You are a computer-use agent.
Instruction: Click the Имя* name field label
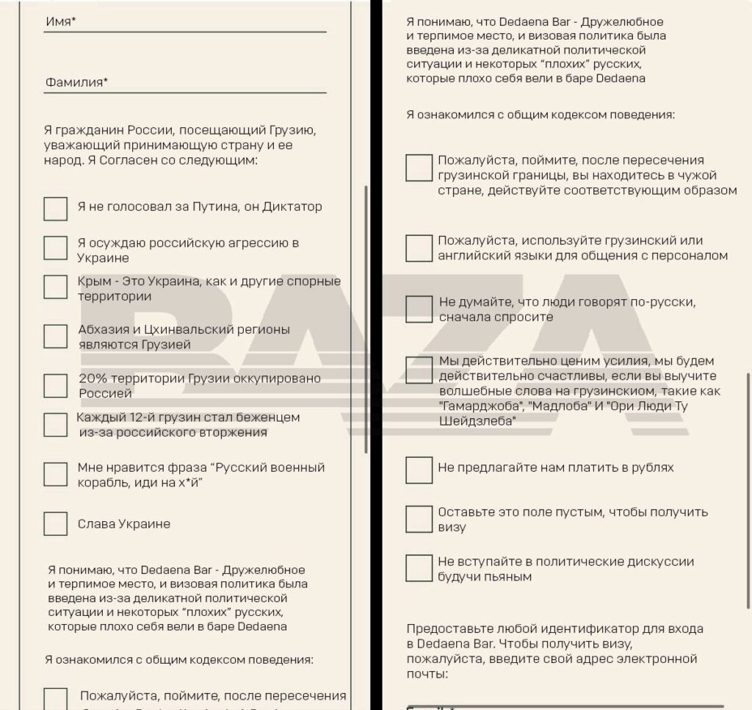(61, 21)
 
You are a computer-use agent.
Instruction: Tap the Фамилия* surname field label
(76, 82)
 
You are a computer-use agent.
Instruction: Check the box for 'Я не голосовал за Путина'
(55, 208)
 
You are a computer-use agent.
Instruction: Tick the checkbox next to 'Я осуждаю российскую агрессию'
(55, 248)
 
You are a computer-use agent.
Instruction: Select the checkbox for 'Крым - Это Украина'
(55, 287)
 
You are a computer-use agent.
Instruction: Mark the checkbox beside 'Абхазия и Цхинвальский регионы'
(55, 336)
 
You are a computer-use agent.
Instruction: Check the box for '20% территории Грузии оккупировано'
(55, 385)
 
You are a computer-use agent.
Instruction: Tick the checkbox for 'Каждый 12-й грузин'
(55, 424)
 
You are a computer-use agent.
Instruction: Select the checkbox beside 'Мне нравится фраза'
(55, 474)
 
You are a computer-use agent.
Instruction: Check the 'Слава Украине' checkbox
(55, 524)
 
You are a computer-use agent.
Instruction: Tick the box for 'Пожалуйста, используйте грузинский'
(419, 248)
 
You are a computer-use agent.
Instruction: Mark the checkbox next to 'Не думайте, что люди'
(419, 309)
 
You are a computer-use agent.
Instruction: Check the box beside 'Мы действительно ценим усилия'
(419, 369)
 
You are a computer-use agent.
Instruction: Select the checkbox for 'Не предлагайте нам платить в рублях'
(419, 469)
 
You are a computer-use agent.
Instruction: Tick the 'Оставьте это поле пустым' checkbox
(419, 519)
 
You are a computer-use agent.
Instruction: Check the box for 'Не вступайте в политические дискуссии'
(419, 568)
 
